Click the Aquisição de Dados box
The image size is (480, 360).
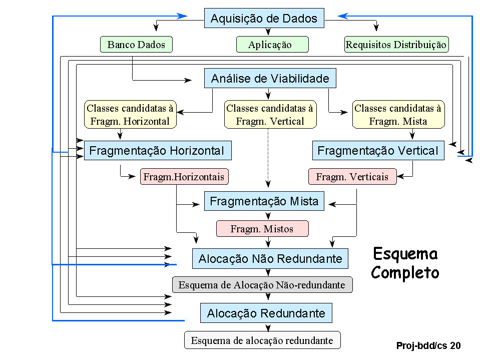[x=264, y=19]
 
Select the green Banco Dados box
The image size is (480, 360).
[x=136, y=45]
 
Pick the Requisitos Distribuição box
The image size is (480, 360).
[x=396, y=45]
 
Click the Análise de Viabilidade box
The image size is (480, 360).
[x=270, y=79]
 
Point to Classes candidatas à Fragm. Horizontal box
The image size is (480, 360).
[x=130, y=114]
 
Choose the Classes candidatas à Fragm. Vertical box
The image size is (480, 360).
[x=270, y=114]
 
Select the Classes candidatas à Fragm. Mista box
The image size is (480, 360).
[x=398, y=114]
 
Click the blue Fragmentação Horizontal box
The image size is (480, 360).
[x=157, y=151]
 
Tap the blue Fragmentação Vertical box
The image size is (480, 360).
[x=378, y=151]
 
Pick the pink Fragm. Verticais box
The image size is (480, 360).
[x=352, y=177]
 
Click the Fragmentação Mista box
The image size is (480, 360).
[x=264, y=201]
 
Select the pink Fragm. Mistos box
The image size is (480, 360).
[x=262, y=229]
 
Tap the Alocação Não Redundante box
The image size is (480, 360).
[x=270, y=259]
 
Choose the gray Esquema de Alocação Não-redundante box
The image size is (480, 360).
[x=262, y=285]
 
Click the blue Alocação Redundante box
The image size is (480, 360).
[x=266, y=314]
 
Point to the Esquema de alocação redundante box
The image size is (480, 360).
[x=262, y=340]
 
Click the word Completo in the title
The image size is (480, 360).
[x=405, y=273]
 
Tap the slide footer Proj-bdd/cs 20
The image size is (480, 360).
[x=428, y=345]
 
